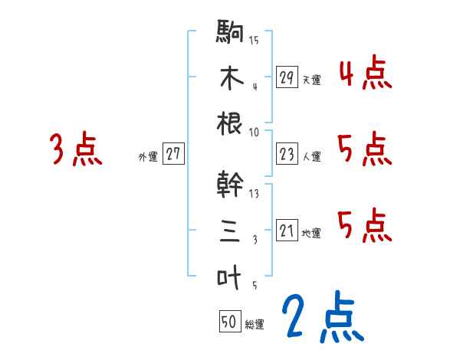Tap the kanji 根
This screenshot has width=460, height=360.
pyautogui.click(x=230, y=123)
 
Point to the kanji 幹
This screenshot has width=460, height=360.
pyautogui.click(x=230, y=185)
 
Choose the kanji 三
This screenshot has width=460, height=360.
pyautogui.click(x=230, y=230)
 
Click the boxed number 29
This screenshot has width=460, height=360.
pyautogui.click(x=287, y=77)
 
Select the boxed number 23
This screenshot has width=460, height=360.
pyautogui.click(x=287, y=155)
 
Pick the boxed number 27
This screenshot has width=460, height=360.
pyautogui.click(x=172, y=154)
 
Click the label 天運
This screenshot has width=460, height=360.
pyautogui.click(x=311, y=80)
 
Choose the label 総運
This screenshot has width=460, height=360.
pyautogui.click(x=255, y=325)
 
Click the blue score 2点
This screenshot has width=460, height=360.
pyautogui.click(x=322, y=316)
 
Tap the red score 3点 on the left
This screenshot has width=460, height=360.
pyautogui.click(x=75, y=149)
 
